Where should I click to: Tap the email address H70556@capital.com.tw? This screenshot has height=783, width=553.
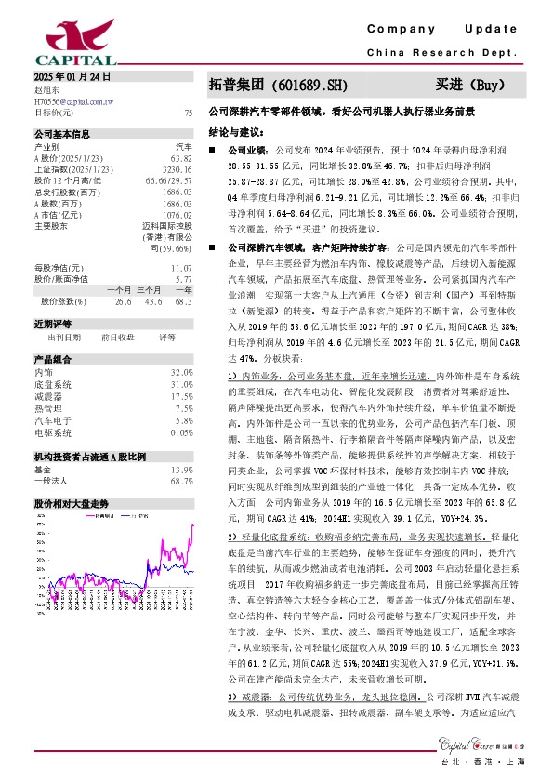click(73, 100)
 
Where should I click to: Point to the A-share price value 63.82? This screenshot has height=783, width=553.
click(181, 158)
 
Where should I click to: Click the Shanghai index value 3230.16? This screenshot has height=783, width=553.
click(178, 169)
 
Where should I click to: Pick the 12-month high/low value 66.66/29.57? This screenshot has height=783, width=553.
click(169, 180)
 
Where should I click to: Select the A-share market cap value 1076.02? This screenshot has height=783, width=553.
click(177, 214)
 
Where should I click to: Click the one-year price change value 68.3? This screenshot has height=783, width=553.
click(183, 301)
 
